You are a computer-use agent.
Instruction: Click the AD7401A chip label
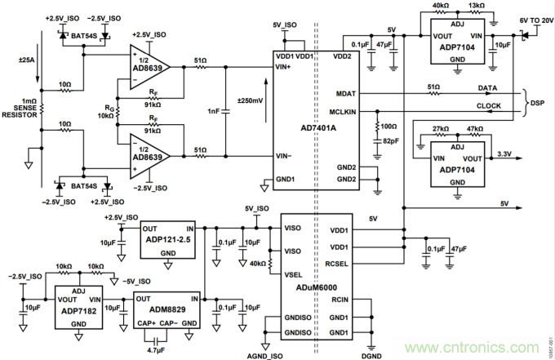319,127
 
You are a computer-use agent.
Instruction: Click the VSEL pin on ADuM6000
293,276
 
